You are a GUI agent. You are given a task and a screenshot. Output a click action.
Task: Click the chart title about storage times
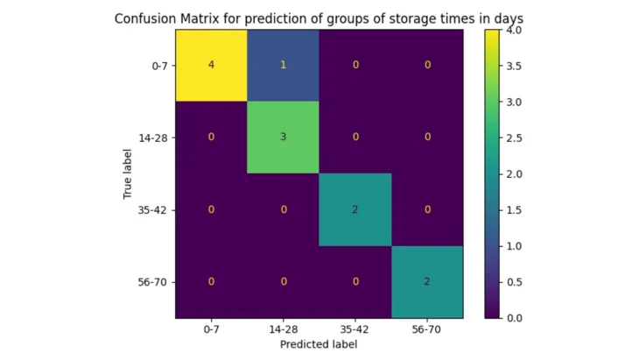tap(319, 18)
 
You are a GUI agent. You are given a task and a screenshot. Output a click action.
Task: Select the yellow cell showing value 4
tap(211, 65)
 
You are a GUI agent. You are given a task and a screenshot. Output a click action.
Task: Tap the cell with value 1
tap(283, 65)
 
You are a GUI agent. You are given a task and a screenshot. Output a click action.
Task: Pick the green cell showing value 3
tap(283, 138)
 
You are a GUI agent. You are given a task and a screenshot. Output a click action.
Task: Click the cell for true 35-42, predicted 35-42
tap(355, 209)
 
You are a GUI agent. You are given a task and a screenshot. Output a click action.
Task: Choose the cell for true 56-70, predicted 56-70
tap(427, 282)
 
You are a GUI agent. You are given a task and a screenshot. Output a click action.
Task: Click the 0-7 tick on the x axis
tap(211, 330)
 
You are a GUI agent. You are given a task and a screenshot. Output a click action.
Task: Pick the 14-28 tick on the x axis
tap(283, 330)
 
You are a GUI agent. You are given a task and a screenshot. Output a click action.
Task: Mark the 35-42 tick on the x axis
tap(355, 330)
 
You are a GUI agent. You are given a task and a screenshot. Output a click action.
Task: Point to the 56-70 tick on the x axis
tap(427, 330)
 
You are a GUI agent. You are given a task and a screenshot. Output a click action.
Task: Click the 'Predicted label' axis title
tap(319, 344)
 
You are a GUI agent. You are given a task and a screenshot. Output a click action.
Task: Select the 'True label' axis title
tap(129, 173)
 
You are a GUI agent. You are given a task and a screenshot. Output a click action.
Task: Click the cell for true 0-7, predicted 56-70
tap(427, 65)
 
